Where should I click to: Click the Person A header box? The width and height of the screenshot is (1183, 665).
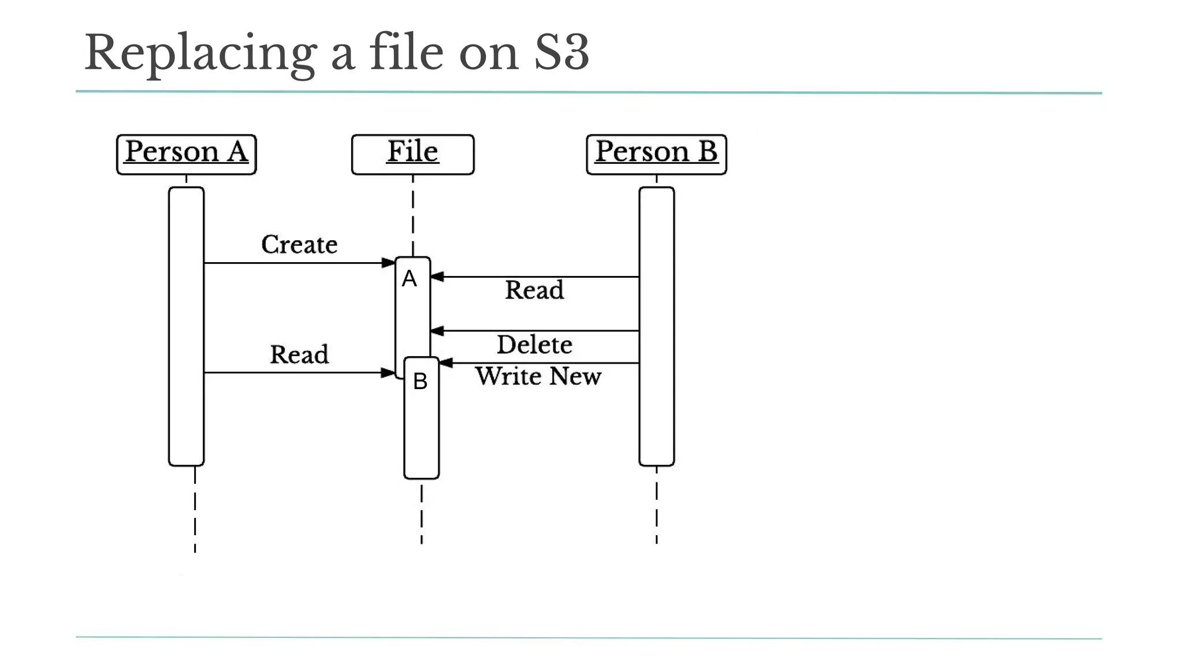pyautogui.click(x=186, y=154)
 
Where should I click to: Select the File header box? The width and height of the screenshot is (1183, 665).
pyautogui.click(x=412, y=154)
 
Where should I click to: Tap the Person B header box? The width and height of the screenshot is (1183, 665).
pyautogui.click(x=656, y=154)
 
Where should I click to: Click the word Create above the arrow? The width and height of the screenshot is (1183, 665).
pyautogui.click(x=299, y=245)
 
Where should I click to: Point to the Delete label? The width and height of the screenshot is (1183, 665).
pyautogui.click(x=534, y=345)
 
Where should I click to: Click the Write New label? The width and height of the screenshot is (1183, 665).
pyautogui.click(x=538, y=376)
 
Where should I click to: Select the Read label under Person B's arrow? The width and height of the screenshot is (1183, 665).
pyautogui.click(x=534, y=290)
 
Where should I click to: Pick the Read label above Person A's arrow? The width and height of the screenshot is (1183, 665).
pyautogui.click(x=299, y=354)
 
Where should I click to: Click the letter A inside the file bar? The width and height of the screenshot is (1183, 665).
pyautogui.click(x=409, y=279)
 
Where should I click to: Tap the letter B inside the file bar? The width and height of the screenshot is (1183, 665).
pyautogui.click(x=420, y=382)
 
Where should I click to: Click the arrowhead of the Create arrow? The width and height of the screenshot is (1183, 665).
pyautogui.click(x=389, y=263)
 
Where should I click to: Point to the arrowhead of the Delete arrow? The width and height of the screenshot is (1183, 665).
pyautogui.click(x=437, y=331)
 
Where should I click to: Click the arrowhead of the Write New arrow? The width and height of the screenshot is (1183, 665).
pyautogui.click(x=445, y=363)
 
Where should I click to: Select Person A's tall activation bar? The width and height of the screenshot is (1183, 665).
pyautogui.click(x=186, y=326)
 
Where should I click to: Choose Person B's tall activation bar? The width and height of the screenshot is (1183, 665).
pyautogui.click(x=656, y=326)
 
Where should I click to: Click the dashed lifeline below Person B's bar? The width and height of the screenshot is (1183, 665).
pyautogui.click(x=657, y=505)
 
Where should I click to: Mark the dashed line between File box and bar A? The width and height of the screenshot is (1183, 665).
pyautogui.click(x=413, y=216)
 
